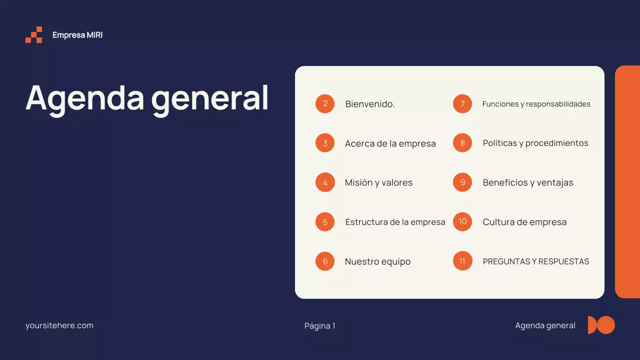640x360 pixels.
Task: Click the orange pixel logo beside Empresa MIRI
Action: [34, 35]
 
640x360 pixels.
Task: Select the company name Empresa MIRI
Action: [77, 35]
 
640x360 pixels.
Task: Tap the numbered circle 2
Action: [325, 103]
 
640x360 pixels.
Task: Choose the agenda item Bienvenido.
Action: [370, 104]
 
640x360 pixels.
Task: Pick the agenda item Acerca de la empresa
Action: [390, 143]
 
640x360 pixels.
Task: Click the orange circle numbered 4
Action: [325, 182]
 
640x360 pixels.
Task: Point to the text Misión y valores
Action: [378, 182]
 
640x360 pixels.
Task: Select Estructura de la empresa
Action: [395, 222]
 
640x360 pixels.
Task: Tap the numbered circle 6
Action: [325, 261]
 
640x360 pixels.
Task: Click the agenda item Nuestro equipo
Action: [377, 261]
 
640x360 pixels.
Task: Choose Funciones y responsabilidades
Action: [536, 104]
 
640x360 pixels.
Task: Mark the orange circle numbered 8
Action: [462, 143]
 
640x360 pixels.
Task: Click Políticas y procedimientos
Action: [535, 143]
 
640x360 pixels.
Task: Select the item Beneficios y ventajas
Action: [528, 182]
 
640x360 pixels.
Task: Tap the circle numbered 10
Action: [462, 221]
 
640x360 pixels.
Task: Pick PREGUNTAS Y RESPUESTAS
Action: [536, 261]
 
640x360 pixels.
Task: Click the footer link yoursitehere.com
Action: [59, 325]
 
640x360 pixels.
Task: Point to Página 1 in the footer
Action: [320, 326]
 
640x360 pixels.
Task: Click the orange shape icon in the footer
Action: [601, 325]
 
